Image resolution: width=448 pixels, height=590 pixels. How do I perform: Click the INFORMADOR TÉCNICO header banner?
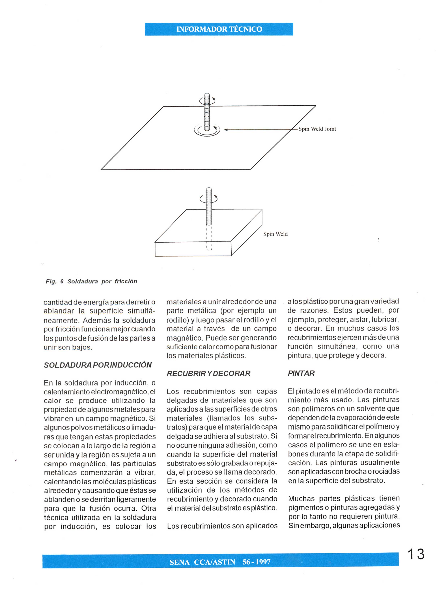tap(219, 29)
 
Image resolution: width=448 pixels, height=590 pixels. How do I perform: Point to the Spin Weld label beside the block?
tap(275, 234)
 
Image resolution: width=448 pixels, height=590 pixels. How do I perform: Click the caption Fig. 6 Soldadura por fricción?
tap(91, 281)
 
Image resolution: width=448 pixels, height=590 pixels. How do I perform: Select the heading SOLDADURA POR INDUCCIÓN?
tap(98, 365)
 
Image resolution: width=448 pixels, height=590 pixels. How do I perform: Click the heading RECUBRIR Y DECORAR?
tap(208, 373)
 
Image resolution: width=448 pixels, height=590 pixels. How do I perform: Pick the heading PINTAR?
tap(301, 373)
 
